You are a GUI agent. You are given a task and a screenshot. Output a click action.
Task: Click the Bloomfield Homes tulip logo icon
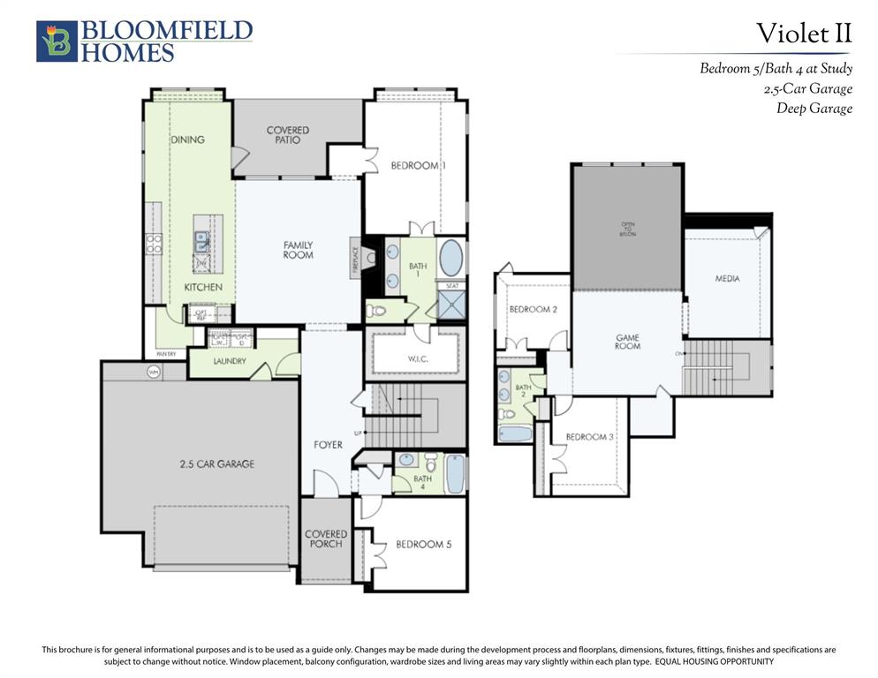click(57, 41)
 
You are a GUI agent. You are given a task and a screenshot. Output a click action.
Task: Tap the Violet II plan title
click(803, 34)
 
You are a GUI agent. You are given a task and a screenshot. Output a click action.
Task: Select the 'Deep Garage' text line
click(814, 109)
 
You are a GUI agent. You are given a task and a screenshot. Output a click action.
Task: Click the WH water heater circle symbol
click(154, 373)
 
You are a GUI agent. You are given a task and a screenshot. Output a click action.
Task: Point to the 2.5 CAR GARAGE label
click(217, 463)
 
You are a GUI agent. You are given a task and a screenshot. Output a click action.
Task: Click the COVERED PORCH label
click(326, 539)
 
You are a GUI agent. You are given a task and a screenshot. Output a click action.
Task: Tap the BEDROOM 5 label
click(423, 545)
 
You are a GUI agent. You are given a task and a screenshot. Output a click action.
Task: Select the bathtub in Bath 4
click(454, 474)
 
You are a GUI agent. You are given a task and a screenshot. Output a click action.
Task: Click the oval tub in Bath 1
click(450, 259)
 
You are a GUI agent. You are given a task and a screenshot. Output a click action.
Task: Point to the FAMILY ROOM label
click(298, 250)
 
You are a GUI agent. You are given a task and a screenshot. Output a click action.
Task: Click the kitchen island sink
click(202, 241)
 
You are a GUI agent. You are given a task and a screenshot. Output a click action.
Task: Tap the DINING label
click(187, 139)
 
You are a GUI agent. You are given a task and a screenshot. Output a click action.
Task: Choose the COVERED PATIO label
click(288, 135)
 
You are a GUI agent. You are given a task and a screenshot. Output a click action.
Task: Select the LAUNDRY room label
click(229, 361)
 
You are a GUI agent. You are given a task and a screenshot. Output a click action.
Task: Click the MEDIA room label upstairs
click(727, 279)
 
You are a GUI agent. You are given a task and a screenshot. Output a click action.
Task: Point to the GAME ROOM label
click(627, 342)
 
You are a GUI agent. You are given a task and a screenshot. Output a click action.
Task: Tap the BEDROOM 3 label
click(587, 437)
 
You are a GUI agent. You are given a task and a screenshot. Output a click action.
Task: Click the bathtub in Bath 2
click(515, 433)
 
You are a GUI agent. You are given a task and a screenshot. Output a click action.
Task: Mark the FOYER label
click(328, 445)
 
